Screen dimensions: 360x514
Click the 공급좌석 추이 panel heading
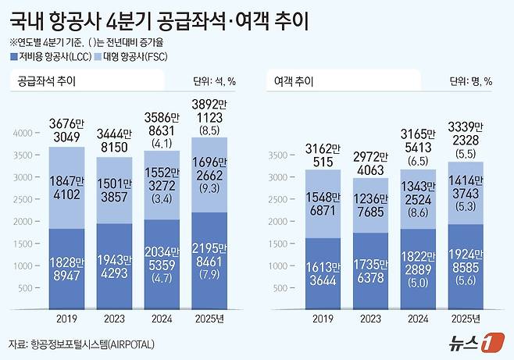[x=47, y=80]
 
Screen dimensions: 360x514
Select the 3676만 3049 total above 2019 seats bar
[x=68, y=129]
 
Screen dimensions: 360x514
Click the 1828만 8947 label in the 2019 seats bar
[x=68, y=267]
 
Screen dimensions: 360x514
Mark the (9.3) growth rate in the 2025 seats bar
[x=209, y=187]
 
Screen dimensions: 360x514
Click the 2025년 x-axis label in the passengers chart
[x=466, y=319]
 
